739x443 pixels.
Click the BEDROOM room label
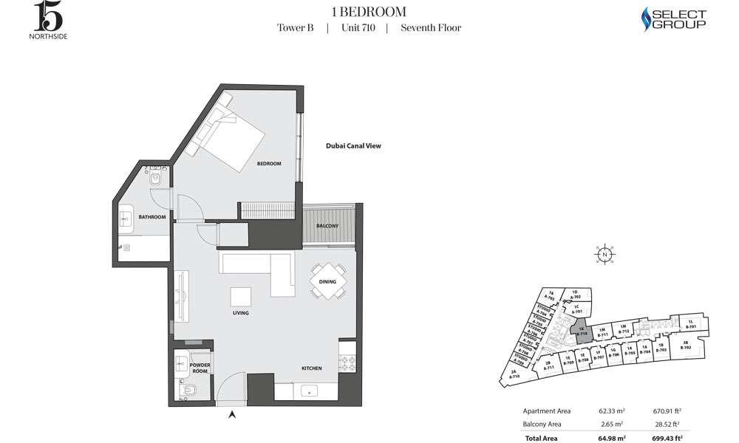coord(269,163)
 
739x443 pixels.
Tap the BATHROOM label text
coord(152,217)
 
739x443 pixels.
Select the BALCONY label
coord(327,225)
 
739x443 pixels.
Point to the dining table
coord(327,281)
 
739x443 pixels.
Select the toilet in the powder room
coord(184,391)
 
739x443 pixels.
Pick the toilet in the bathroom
coord(156,179)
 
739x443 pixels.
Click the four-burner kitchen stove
coord(347,363)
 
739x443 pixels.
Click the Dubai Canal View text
coord(353,146)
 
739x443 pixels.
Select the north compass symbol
coord(605,254)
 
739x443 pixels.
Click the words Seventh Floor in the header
coord(431,28)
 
